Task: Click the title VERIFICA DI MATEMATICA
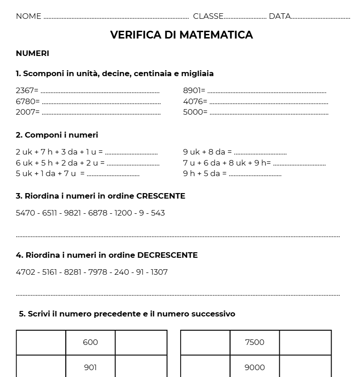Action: [x=181, y=35]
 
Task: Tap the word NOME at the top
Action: [x=28, y=17]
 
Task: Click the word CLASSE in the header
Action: [x=208, y=17]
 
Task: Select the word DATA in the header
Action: [x=279, y=17]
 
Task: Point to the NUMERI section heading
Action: [x=33, y=53]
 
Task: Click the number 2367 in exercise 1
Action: [x=25, y=90]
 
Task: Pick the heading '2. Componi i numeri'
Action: [x=57, y=135]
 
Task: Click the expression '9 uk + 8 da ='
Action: [x=207, y=152]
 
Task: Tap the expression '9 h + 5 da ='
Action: [x=205, y=173]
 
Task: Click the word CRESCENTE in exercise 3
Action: [x=161, y=196]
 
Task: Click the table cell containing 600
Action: [x=90, y=342]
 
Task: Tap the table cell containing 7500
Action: [x=255, y=342]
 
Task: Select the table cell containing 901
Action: [x=90, y=367]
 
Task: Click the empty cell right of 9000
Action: [x=305, y=367]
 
